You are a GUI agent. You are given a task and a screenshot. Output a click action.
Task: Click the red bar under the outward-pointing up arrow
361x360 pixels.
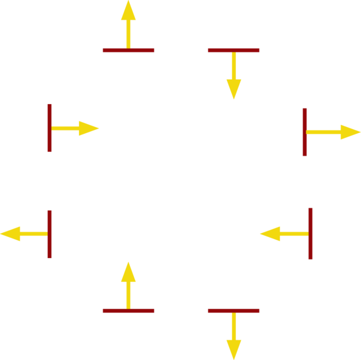(x=129, y=51)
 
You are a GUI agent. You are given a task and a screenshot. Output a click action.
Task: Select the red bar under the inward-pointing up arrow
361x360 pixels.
(x=129, y=311)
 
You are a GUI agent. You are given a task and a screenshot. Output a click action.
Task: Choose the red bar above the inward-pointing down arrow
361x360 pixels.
(x=233, y=51)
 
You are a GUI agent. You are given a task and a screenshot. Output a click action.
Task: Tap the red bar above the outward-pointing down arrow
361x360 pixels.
(x=233, y=311)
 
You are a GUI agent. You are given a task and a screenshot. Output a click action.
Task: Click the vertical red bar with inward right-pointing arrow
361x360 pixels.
(x=50, y=128)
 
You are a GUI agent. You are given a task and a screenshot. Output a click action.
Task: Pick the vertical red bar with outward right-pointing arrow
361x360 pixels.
(x=305, y=132)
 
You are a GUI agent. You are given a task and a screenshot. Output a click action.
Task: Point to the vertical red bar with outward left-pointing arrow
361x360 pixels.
(x=50, y=234)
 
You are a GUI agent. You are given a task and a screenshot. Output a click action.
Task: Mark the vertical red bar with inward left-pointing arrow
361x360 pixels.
(x=310, y=233)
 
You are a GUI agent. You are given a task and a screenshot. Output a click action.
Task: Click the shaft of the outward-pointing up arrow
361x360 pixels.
(x=129, y=33)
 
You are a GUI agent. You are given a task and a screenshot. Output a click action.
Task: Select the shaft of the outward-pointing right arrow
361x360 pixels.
(x=323, y=132)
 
